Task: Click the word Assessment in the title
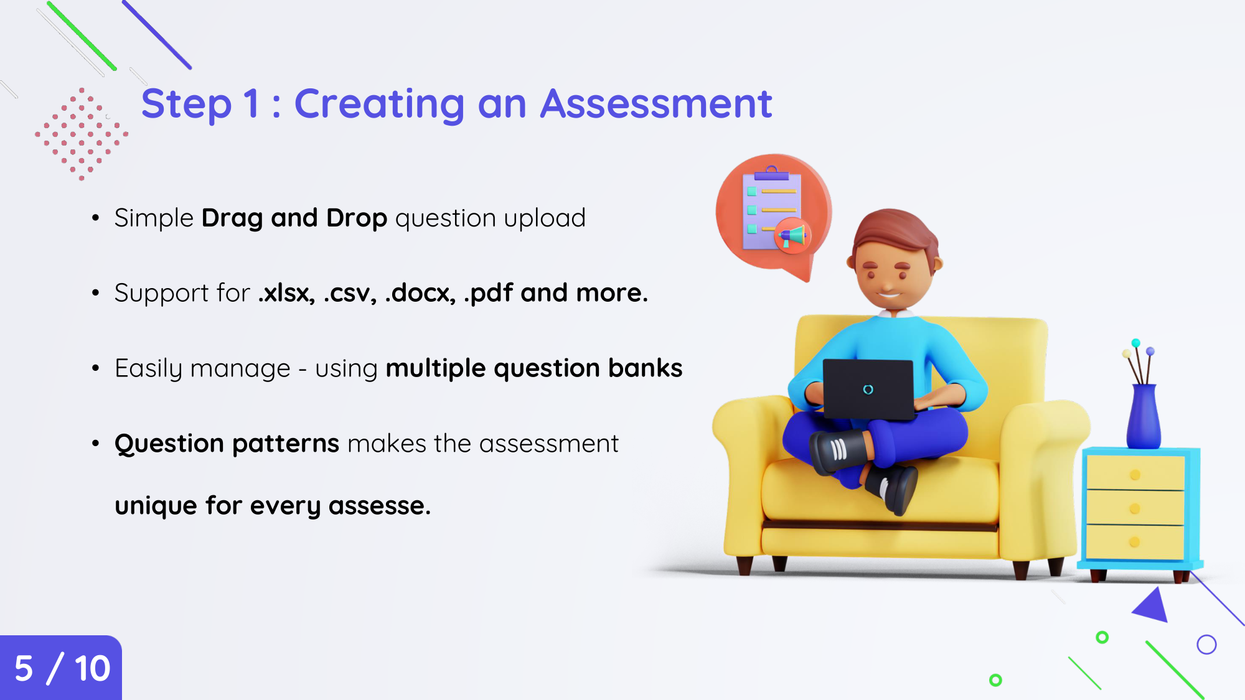coord(656,104)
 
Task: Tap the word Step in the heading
coord(187,104)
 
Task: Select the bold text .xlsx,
coord(287,293)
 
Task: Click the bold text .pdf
coord(489,293)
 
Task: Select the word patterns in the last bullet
coord(286,444)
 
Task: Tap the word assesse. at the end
coord(380,506)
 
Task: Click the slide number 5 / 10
coord(62,669)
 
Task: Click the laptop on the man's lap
coord(868,389)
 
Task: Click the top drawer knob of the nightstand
coord(1135,475)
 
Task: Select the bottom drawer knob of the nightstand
coord(1134,542)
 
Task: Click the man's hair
coord(895,233)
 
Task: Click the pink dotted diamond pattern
coord(82,134)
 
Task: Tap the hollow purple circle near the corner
coord(1206,645)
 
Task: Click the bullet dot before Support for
coord(95,293)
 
